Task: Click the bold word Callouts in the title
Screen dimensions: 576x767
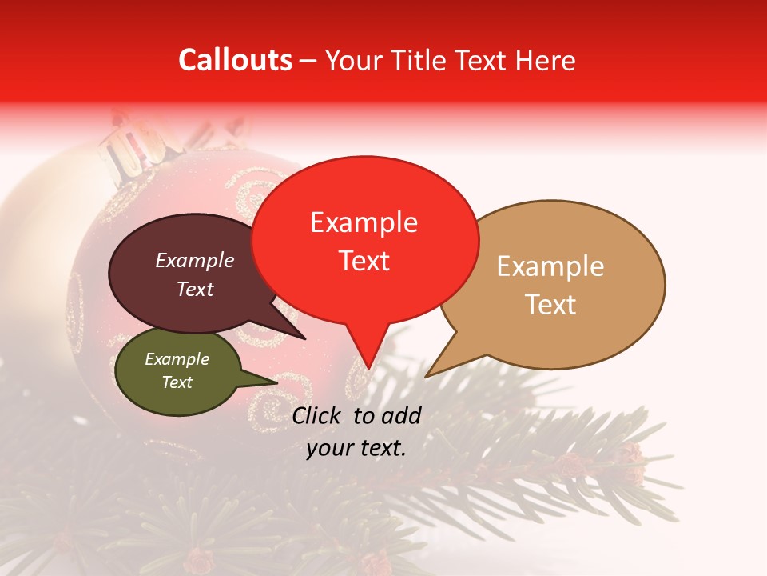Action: pyautogui.click(x=235, y=60)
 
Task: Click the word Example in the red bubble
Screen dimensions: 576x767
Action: pyautogui.click(x=364, y=222)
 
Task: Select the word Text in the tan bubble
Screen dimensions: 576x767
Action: pyautogui.click(x=551, y=305)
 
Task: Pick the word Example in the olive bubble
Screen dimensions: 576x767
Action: pyautogui.click(x=177, y=359)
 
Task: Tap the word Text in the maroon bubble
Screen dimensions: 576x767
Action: pyautogui.click(x=195, y=289)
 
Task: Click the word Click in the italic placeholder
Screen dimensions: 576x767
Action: pyautogui.click(x=318, y=415)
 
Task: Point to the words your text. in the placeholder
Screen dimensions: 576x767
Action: pyautogui.click(x=356, y=448)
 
